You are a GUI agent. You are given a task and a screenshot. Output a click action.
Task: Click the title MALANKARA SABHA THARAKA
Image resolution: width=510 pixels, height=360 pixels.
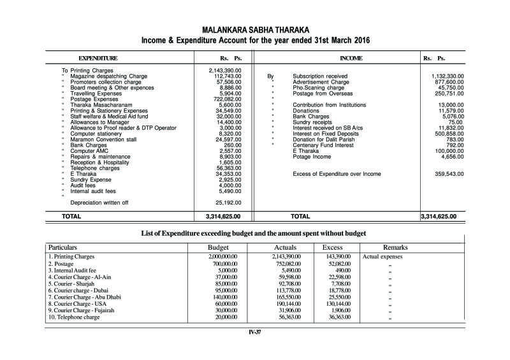(254, 30)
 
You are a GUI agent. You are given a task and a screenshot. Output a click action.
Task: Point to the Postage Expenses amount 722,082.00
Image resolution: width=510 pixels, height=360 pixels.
(226, 99)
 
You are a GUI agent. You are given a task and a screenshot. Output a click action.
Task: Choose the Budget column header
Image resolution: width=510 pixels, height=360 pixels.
(219, 247)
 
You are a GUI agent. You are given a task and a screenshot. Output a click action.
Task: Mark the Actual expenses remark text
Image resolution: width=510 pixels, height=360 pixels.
(382, 256)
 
